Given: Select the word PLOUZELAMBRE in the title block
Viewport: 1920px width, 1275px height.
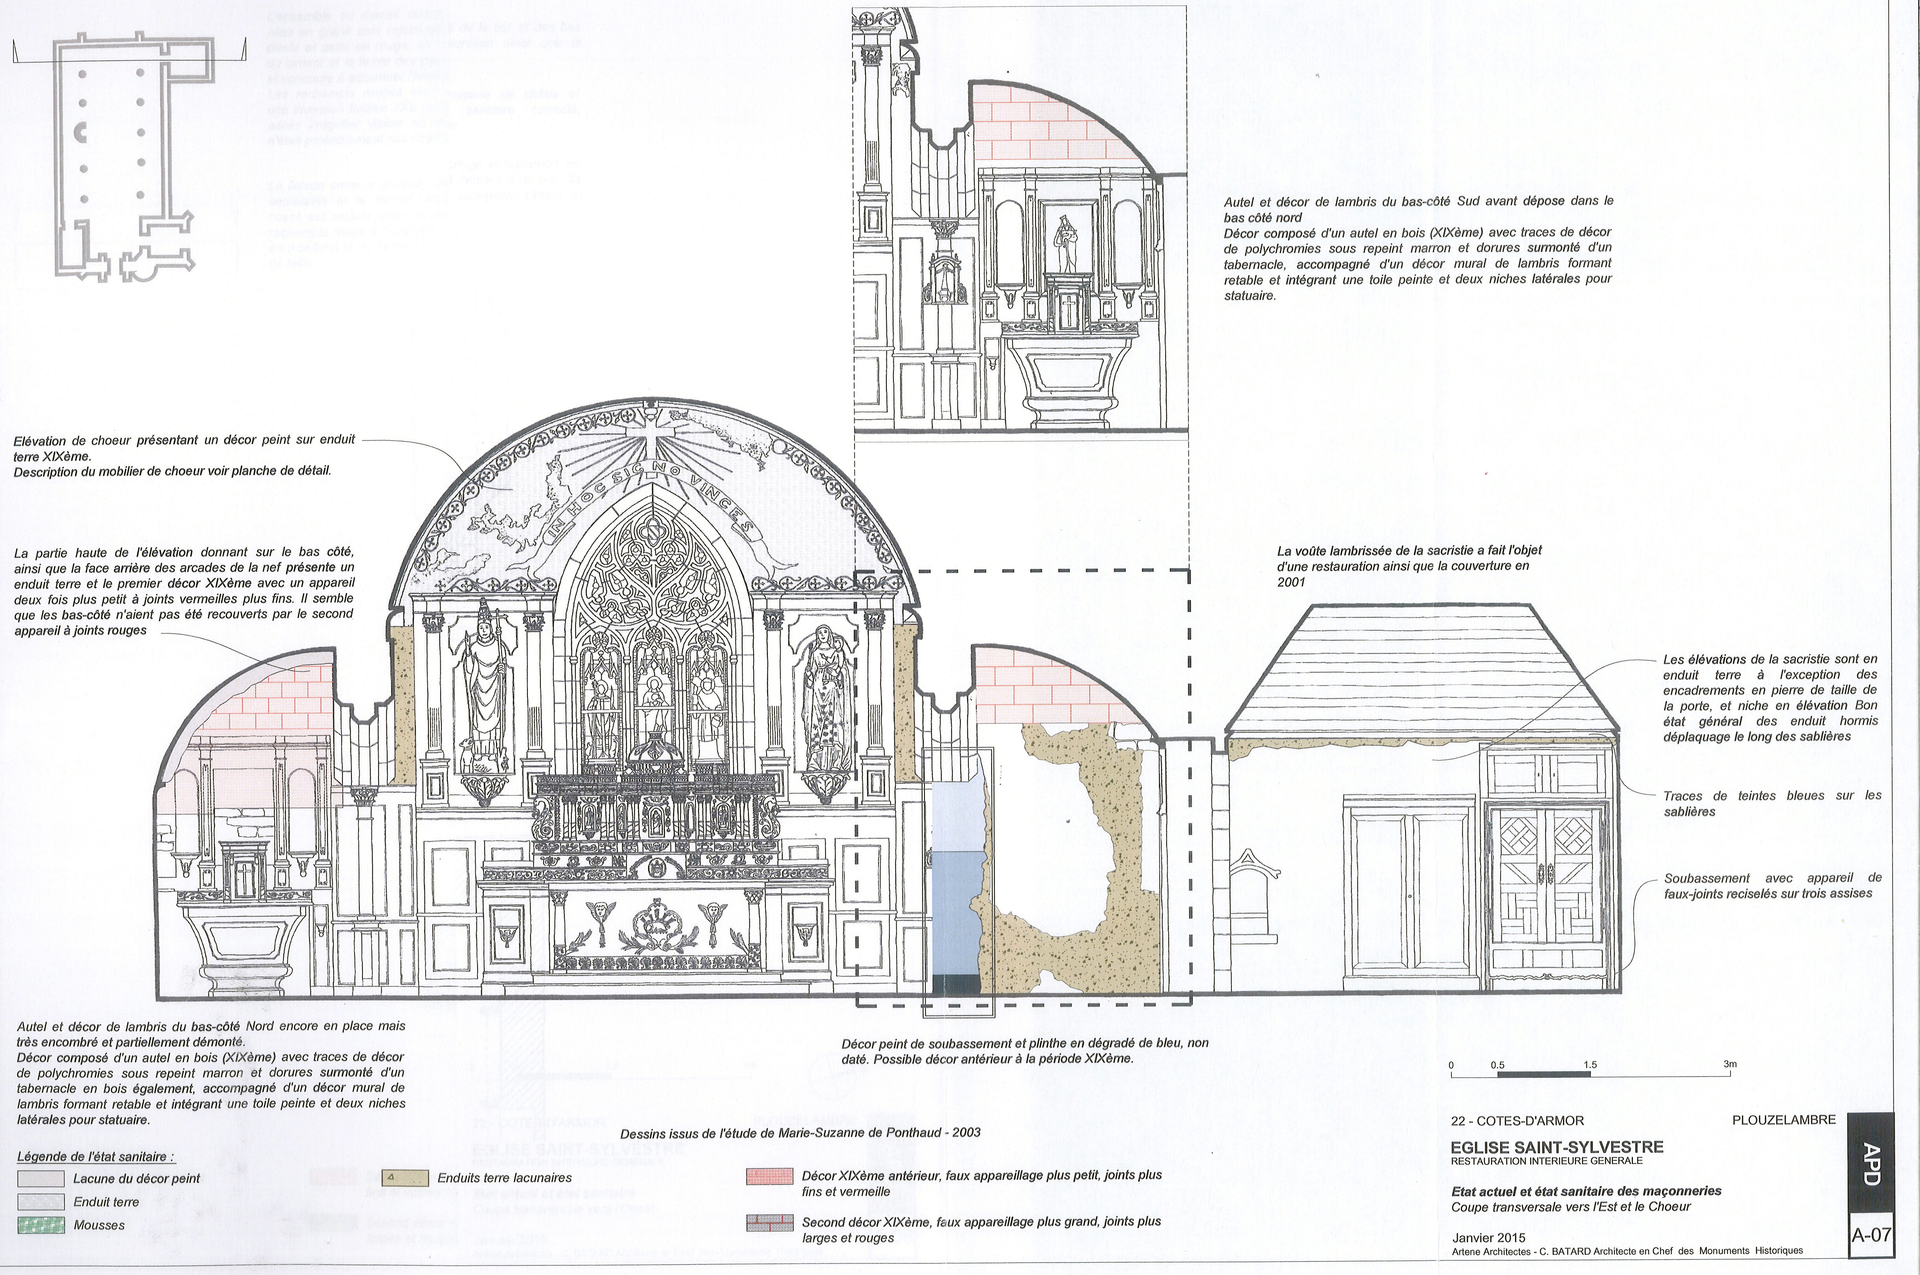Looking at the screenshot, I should (1783, 1120).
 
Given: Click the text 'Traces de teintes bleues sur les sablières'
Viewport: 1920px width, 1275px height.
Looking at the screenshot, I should (1772, 803).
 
